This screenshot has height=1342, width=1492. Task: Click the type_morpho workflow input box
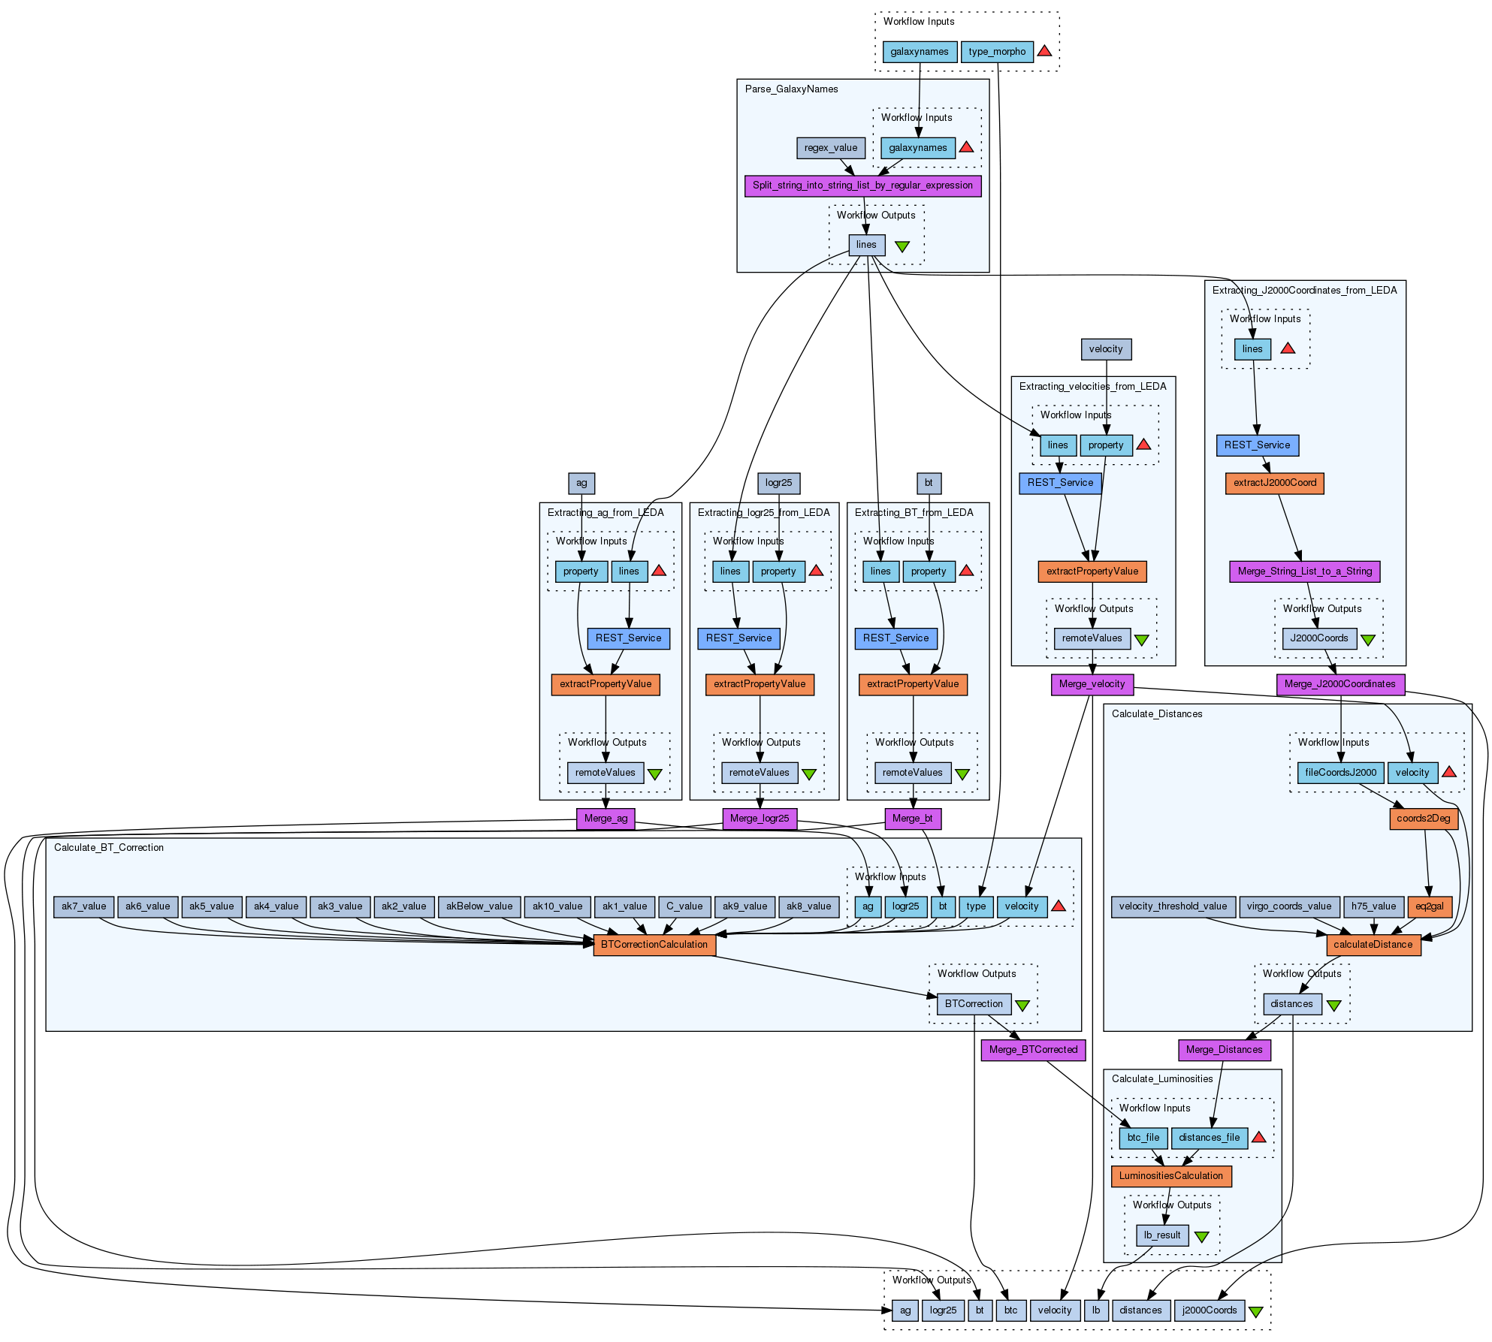tap(996, 52)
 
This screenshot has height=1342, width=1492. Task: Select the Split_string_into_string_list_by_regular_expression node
tap(862, 185)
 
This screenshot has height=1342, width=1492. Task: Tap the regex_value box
tap(830, 148)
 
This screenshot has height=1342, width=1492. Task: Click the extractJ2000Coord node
tap(1274, 483)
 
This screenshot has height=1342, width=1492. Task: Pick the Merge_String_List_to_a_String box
tap(1304, 571)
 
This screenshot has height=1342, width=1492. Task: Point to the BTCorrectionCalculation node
tap(654, 945)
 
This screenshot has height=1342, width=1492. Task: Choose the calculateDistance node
tap(1373, 945)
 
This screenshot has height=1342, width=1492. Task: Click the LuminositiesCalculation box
tap(1170, 1176)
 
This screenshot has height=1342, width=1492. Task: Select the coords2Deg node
tap(1423, 819)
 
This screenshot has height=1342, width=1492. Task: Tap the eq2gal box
tap(1429, 906)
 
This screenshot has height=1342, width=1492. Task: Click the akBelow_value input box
tap(479, 906)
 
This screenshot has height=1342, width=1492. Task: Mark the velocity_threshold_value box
tap(1172, 906)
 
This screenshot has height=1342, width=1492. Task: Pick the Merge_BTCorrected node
tap(1033, 1050)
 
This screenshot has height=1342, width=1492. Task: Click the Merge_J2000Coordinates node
tap(1339, 684)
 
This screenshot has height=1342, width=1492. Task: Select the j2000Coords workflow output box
tap(1209, 1310)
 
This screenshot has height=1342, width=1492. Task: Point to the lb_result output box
tap(1161, 1235)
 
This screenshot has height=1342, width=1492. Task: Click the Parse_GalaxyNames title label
tap(791, 89)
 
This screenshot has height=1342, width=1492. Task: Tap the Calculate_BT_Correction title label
tap(109, 848)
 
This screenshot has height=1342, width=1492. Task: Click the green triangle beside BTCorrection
tap(1022, 1005)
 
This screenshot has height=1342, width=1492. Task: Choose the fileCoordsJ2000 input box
tap(1340, 773)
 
